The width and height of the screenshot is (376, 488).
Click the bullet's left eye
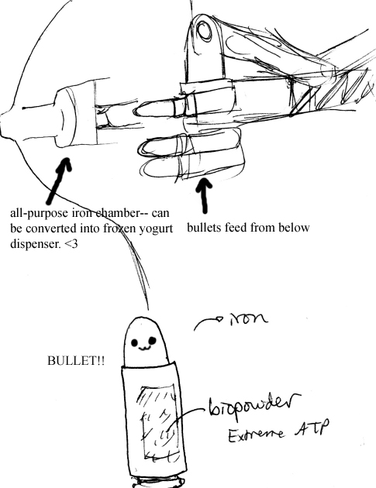click(135, 343)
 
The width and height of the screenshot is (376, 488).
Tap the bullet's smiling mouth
click(143, 349)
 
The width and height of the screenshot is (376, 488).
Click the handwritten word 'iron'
click(249, 318)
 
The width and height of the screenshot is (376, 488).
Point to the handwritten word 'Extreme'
click(256, 435)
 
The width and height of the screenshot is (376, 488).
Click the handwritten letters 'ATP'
click(311, 428)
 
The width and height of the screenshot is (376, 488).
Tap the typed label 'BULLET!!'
click(76, 361)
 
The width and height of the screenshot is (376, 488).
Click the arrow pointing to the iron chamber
click(58, 180)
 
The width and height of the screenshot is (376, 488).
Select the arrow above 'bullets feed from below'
click(205, 195)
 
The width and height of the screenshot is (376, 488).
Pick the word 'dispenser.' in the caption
click(36, 244)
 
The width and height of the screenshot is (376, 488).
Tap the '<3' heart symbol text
click(71, 244)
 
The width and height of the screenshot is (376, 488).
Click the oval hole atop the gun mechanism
click(204, 31)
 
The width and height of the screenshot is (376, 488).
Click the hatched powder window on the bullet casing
click(159, 422)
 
